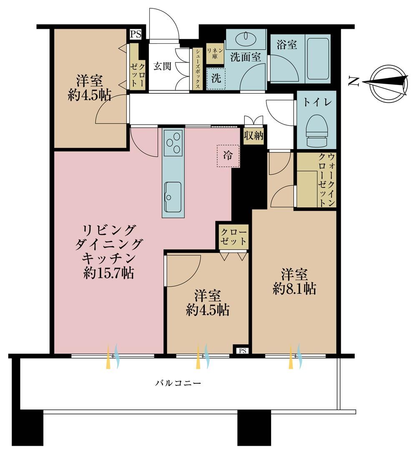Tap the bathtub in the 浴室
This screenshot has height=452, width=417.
pyautogui.click(x=318, y=58)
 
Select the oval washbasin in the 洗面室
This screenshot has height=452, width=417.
pyautogui.click(x=245, y=39)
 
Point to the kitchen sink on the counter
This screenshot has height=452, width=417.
pyautogui.click(x=173, y=197)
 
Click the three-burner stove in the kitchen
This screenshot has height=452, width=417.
pyautogui.click(x=173, y=143)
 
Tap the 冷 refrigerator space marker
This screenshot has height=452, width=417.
pyautogui.click(x=228, y=156)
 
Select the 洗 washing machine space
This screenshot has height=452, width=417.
pyautogui.click(x=216, y=78)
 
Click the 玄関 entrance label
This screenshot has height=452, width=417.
pyautogui.click(x=162, y=66)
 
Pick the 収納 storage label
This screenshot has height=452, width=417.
pyautogui.click(x=254, y=135)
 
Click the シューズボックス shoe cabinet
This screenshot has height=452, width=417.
pyautogui.click(x=198, y=69)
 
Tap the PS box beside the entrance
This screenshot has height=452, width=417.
pyautogui.click(x=136, y=34)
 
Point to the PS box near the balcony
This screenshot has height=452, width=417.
pyautogui.click(x=242, y=351)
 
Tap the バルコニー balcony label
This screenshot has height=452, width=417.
pyautogui.click(x=178, y=383)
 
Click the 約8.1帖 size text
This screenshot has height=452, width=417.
pyautogui.click(x=294, y=289)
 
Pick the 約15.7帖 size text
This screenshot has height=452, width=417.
pyautogui.click(x=108, y=272)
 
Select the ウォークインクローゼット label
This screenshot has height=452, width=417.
pyautogui.click(x=327, y=180)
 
